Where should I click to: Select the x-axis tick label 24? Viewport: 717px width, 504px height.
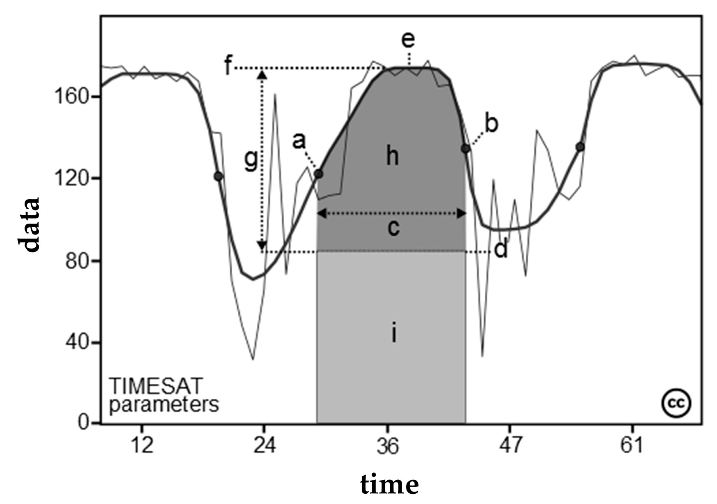tap(265, 445)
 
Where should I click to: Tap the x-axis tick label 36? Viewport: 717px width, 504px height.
tap(388, 446)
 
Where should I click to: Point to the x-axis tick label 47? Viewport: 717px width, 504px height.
tap(511, 445)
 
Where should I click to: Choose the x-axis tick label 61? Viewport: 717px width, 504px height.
tap(632, 445)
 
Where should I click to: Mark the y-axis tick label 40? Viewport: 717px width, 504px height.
tap(76, 343)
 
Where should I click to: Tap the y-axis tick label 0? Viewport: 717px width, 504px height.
tap(83, 423)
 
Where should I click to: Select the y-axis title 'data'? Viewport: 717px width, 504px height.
tap(29, 225)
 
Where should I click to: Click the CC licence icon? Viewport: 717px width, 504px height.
tap(676, 403)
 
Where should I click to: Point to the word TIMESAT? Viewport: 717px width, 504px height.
tap(156, 386)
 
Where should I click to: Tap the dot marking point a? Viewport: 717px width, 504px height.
tap(319, 174)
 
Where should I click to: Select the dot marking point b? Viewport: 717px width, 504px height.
tap(465, 149)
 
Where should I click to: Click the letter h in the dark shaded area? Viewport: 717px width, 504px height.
tap(393, 156)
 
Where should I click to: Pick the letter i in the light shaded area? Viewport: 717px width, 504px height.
tap(393, 333)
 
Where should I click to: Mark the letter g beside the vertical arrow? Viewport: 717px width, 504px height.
tap(251, 161)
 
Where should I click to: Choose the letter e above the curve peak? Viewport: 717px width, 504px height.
tap(408, 40)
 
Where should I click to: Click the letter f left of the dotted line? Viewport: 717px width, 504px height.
tap(228, 66)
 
